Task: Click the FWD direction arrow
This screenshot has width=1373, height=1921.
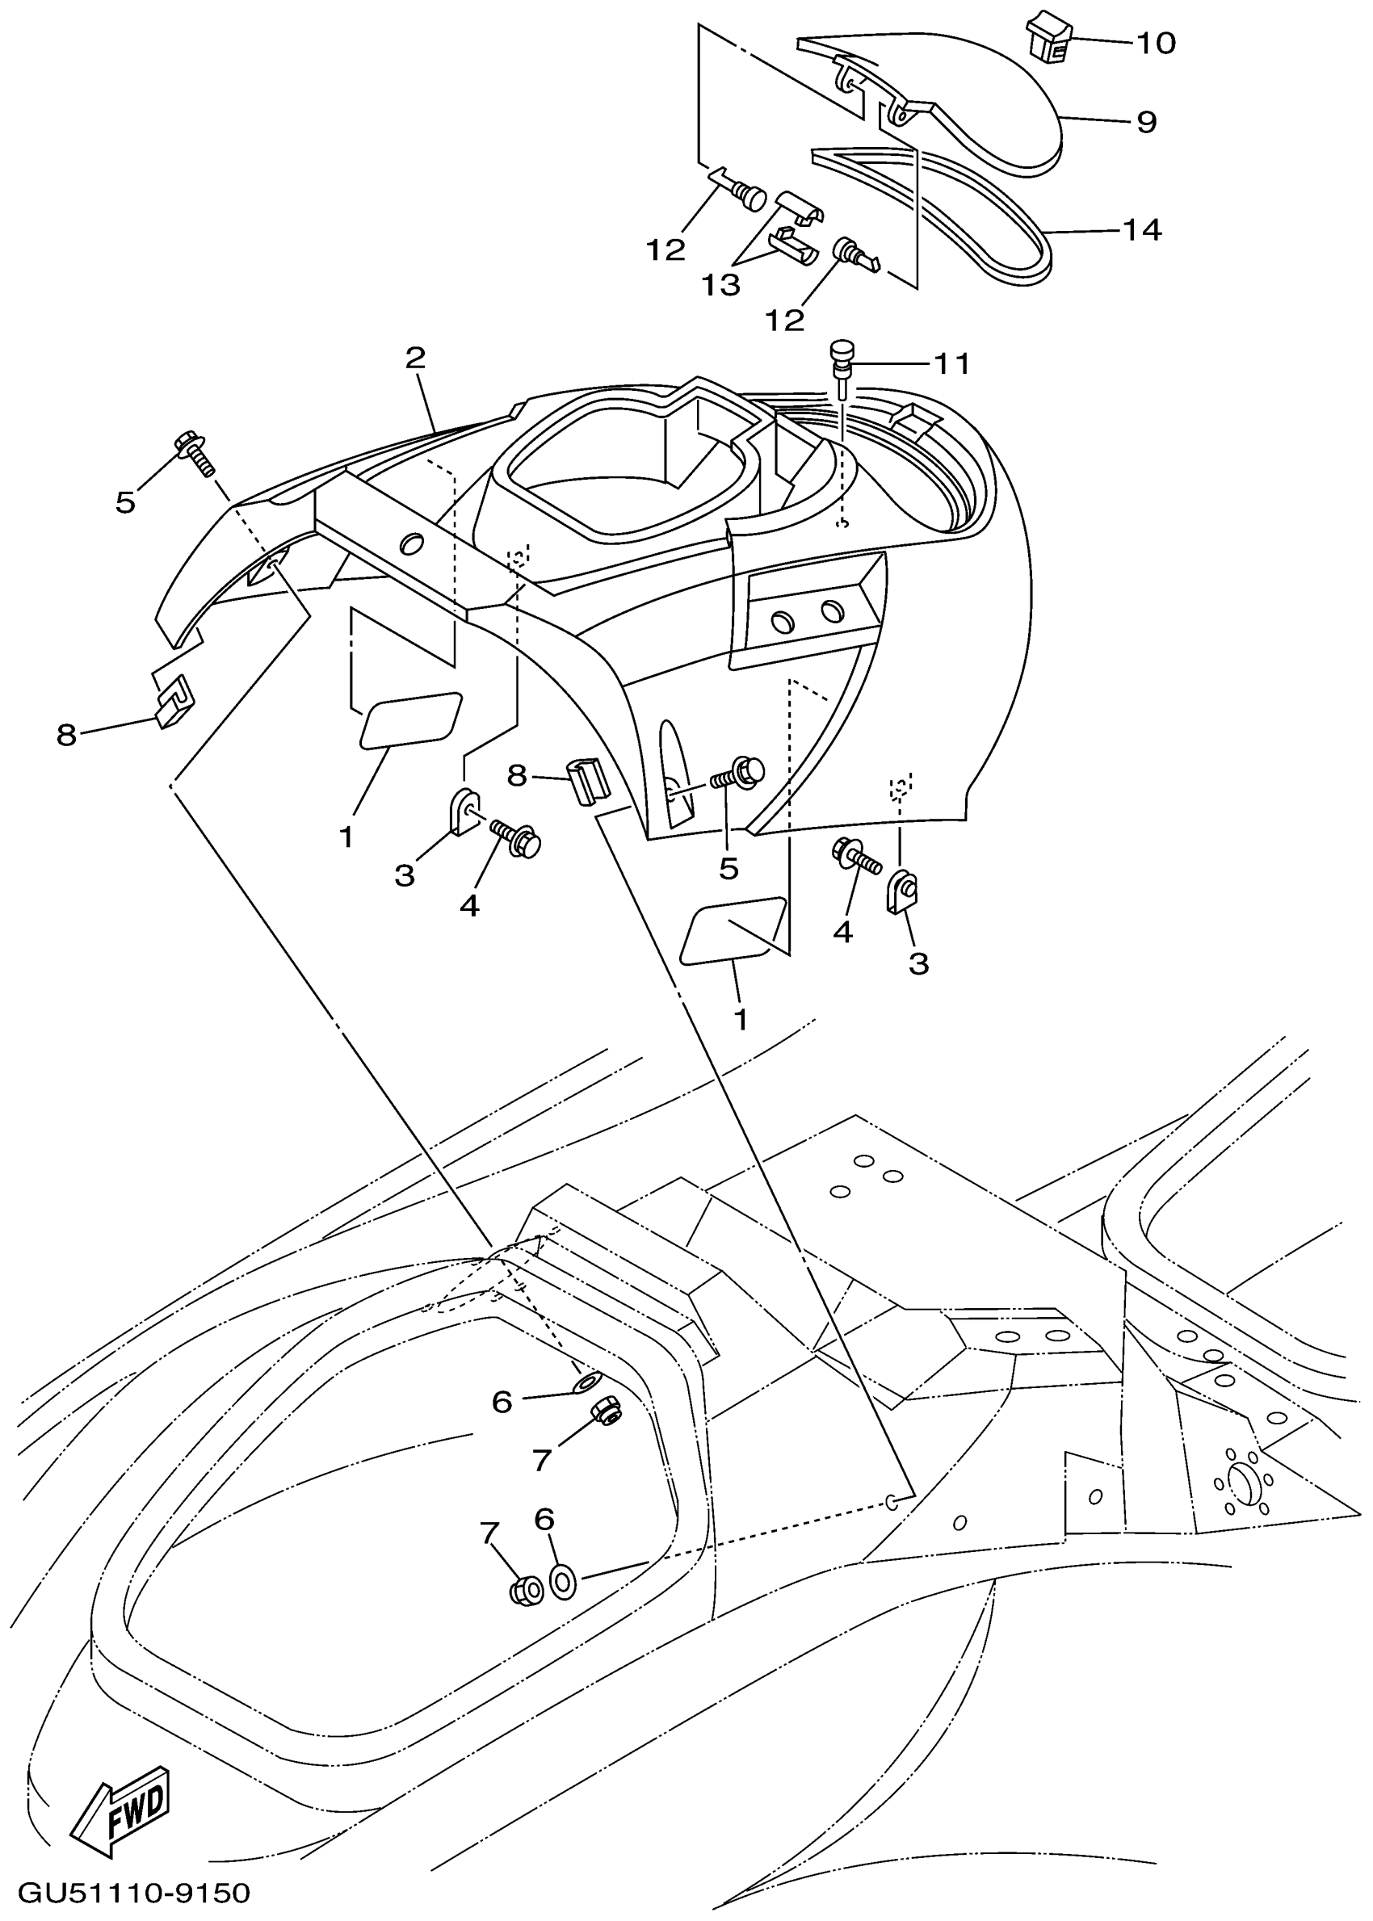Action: [x=121, y=1810]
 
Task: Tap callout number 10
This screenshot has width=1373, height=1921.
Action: [x=1155, y=43]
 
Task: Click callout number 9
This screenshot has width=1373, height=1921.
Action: [x=1145, y=123]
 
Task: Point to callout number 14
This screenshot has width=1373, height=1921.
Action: [x=1141, y=230]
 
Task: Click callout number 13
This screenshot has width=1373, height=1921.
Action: [x=720, y=286]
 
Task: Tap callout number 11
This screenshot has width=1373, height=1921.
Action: [x=951, y=364]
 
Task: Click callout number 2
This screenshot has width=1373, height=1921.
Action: [x=415, y=359]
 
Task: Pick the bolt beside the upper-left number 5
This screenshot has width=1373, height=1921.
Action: [x=195, y=453]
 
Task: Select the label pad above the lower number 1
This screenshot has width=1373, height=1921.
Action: [x=733, y=930]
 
